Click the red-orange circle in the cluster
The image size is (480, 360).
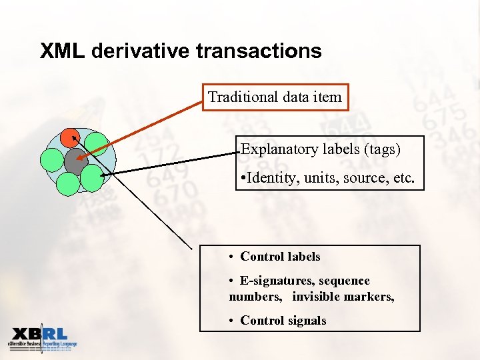[69, 138]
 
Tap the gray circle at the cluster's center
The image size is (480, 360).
[75, 161]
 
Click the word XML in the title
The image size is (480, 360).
[62, 51]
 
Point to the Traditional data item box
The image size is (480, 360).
[275, 97]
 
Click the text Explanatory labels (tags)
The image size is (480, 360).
[321, 149]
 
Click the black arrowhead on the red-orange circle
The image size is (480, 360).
[74, 136]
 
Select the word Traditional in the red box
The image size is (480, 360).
[235, 97]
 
